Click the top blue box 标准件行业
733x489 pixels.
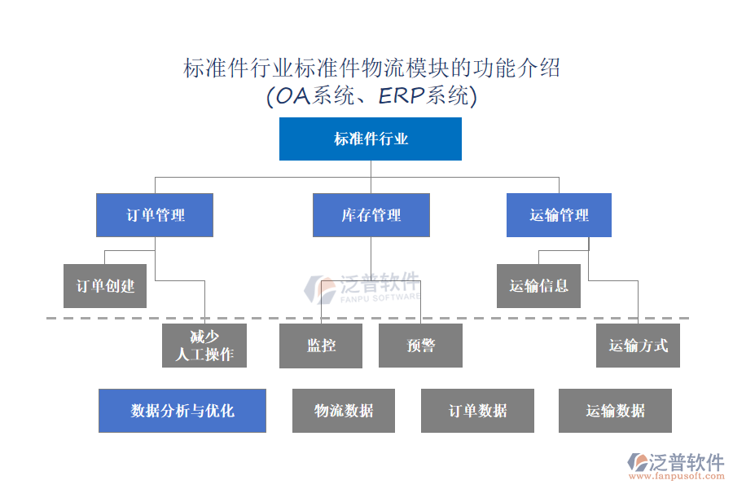click(371, 139)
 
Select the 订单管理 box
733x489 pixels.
click(155, 215)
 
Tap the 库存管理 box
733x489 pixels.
click(371, 215)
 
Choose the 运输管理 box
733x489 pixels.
click(559, 215)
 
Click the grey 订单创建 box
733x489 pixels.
click(105, 286)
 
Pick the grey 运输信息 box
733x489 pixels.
click(538, 286)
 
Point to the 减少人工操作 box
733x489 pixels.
click(204, 346)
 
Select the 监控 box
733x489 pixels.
click(321, 346)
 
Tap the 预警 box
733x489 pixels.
click(420, 346)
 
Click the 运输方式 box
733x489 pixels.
click(638, 346)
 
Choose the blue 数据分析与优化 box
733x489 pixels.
click(182, 411)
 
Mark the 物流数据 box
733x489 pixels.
click(344, 411)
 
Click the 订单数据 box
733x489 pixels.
click(477, 411)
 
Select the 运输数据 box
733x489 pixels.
click(615, 411)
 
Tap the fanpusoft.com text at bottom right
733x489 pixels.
click(682, 476)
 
